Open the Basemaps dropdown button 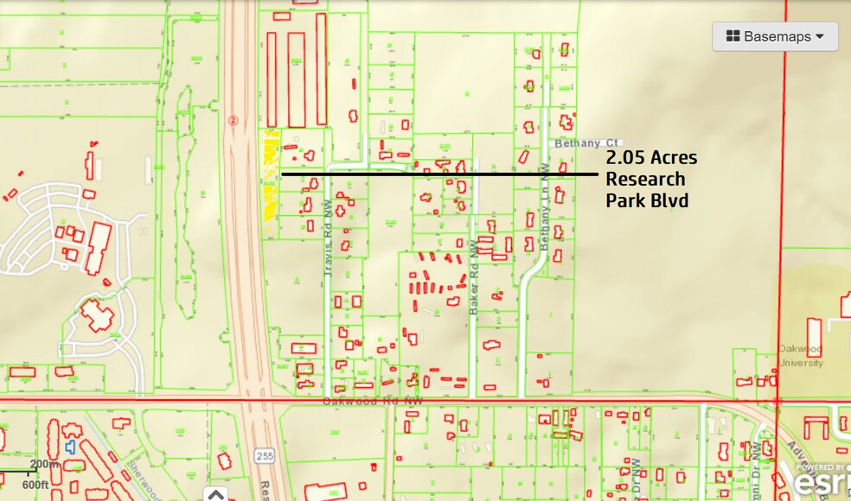[x=775, y=36]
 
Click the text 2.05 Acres [x=650, y=158]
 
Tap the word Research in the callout [x=645, y=180]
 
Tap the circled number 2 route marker [x=233, y=121]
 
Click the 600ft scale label [x=35, y=485]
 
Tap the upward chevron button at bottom [x=215, y=494]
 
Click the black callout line [x=438, y=174]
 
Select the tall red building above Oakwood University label [x=814, y=337]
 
